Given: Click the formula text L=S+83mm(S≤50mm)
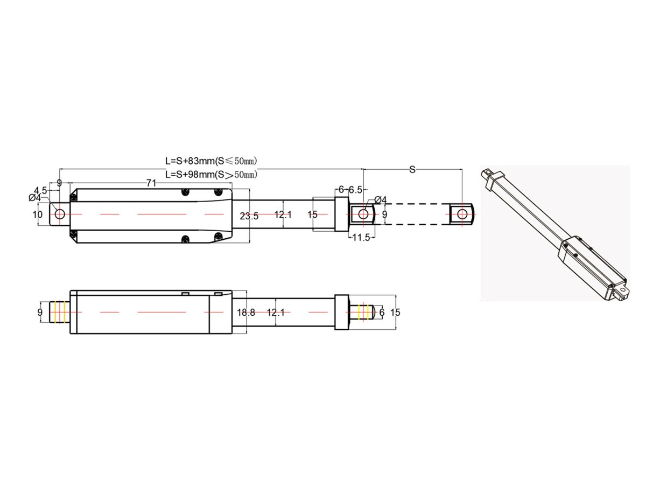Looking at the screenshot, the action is [x=211, y=161].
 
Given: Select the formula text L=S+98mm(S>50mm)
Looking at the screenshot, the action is [x=211, y=174].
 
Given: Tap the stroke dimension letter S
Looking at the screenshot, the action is [x=412, y=170].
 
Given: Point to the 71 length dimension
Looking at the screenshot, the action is [x=151, y=183].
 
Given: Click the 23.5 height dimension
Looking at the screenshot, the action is [x=249, y=216].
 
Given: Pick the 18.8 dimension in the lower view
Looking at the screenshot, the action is [x=246, y=313].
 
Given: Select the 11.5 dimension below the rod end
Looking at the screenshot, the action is [x=361, y=237].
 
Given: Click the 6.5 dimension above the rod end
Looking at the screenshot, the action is [x=355, y=190].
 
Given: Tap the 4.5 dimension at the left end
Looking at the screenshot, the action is [x=40, y=190].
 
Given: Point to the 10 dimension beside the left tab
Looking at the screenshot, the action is [x=38, y=214].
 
